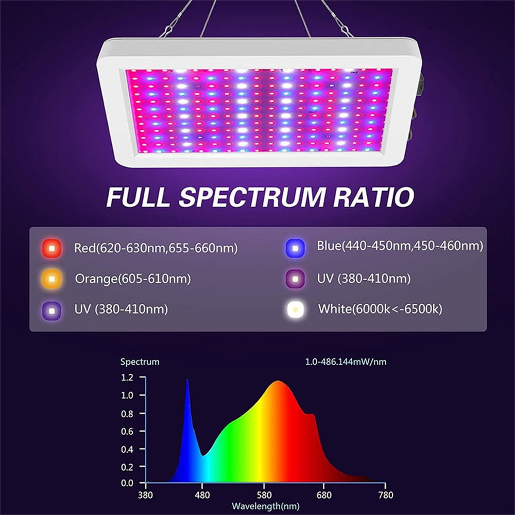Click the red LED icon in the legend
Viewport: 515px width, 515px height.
(51, 249)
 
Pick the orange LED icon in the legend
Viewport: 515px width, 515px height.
(51, 279)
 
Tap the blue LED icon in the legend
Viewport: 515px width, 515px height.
(295, 248)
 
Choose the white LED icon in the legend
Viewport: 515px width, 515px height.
(295, 309)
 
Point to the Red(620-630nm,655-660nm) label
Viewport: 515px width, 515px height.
(156, 249)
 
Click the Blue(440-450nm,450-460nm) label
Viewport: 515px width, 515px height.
(400, 247)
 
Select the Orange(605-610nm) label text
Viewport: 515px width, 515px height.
(133, 279)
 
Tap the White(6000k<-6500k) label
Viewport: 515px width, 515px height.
(380, 309)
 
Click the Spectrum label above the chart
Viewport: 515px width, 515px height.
(140, 362)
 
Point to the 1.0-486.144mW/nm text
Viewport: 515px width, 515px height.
(346, 362)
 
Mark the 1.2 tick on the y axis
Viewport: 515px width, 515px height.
(127, 377)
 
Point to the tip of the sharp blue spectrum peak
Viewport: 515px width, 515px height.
(187, 380)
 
